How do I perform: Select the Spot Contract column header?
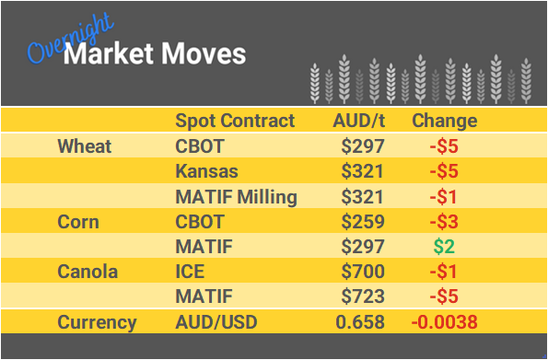click(x=235, y=121)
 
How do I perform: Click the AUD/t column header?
click(x=358, y=121)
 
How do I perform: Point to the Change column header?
click(x=444, y=121)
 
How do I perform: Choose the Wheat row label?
click(x=84, y=146)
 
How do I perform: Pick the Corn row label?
click(x=77, y=222)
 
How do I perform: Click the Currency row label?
click(x=97, y=322)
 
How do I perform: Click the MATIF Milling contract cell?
click(x=236, y=196)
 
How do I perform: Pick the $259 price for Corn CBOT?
click(x=363, y=222)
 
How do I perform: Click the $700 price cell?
click(x=363, y=273)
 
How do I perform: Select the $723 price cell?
click(x=363, y=297)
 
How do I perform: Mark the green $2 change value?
click(x=445, y=247)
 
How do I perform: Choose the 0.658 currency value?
click(x=363, y=322)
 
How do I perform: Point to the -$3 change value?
click(x=444, y=222)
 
